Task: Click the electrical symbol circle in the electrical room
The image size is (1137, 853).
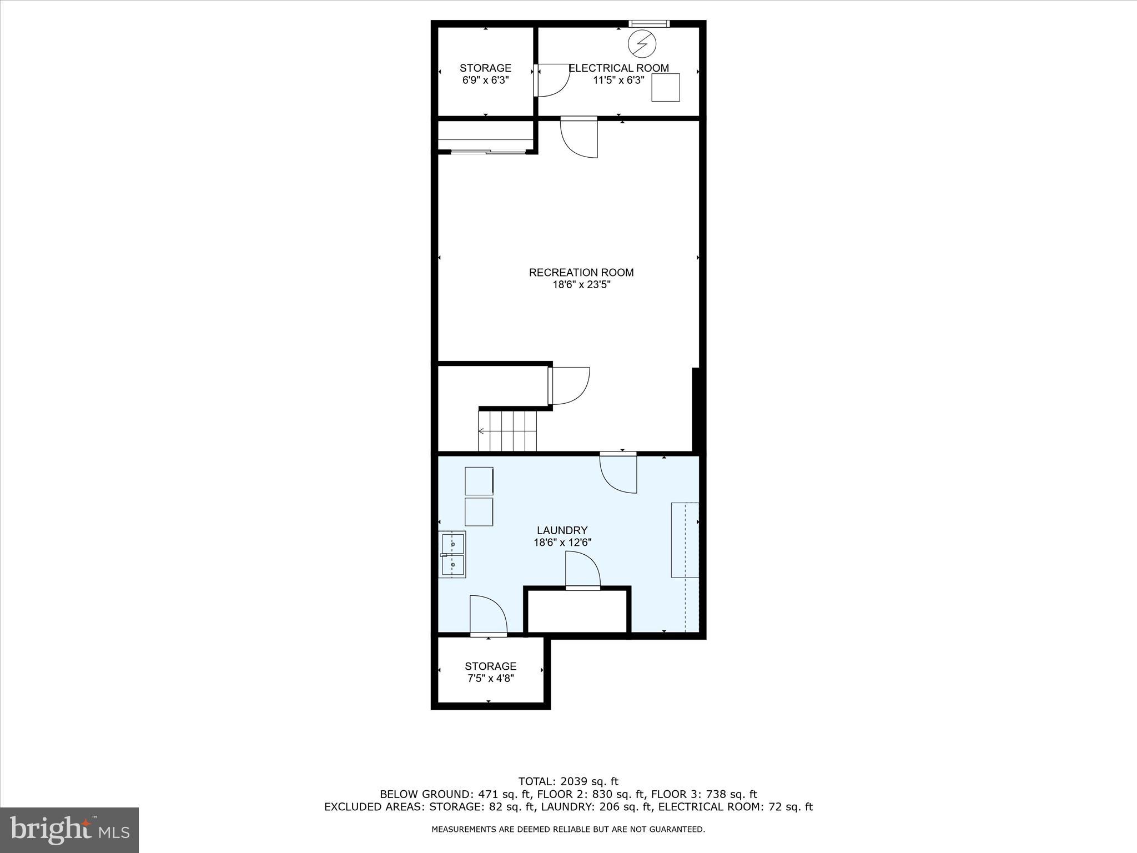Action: point(642,43)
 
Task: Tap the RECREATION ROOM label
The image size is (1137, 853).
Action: point(581,273)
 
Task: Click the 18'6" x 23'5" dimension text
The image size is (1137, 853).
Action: point(581,285)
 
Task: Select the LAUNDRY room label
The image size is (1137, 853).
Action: point(562,530)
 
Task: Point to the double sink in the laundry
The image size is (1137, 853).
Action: point(452,555)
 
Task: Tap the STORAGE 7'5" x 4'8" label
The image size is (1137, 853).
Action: point(490,672)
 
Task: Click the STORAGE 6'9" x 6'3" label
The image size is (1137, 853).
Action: point(485,74)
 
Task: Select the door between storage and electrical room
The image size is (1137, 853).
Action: point(552,81)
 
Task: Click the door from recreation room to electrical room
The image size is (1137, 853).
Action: point(579,138)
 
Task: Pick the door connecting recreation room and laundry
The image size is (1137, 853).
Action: point(618,473)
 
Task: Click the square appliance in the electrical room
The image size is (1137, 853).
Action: point(665,88)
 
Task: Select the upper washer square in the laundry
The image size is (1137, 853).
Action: point(479,481)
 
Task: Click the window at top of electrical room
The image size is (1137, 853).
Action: point(648,24)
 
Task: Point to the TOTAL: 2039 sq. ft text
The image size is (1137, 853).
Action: point(568,782)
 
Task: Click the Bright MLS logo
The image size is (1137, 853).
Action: point(69,830)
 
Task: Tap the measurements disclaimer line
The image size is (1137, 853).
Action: point(568,830)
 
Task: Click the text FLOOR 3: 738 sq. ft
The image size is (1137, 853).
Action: point(704,795)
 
